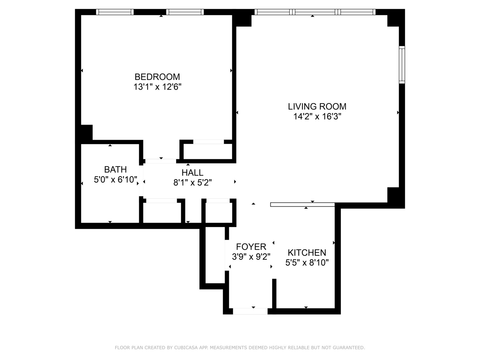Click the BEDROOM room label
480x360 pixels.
(157, 77)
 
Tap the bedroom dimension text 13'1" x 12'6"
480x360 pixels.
(157, 87)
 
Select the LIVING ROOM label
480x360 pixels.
(317, 106)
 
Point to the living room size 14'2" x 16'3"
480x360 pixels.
(317, 117)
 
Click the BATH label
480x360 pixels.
(115, 169)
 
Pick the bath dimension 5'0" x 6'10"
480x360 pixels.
(115, 180)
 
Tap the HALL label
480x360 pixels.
(192, 173)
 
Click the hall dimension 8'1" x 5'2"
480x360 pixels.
(192, 183)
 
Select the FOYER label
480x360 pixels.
(251, 247)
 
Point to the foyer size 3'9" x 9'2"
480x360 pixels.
(251, 257)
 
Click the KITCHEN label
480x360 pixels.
(307, 252)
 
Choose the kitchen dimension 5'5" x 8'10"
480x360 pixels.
(307, 263)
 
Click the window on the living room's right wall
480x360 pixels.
(402, 65)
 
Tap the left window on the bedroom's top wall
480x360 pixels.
(115, 12)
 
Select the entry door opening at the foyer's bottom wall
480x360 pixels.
(250, 311)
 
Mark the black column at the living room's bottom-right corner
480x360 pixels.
(395, 197)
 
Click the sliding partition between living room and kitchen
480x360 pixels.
(302, 205)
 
